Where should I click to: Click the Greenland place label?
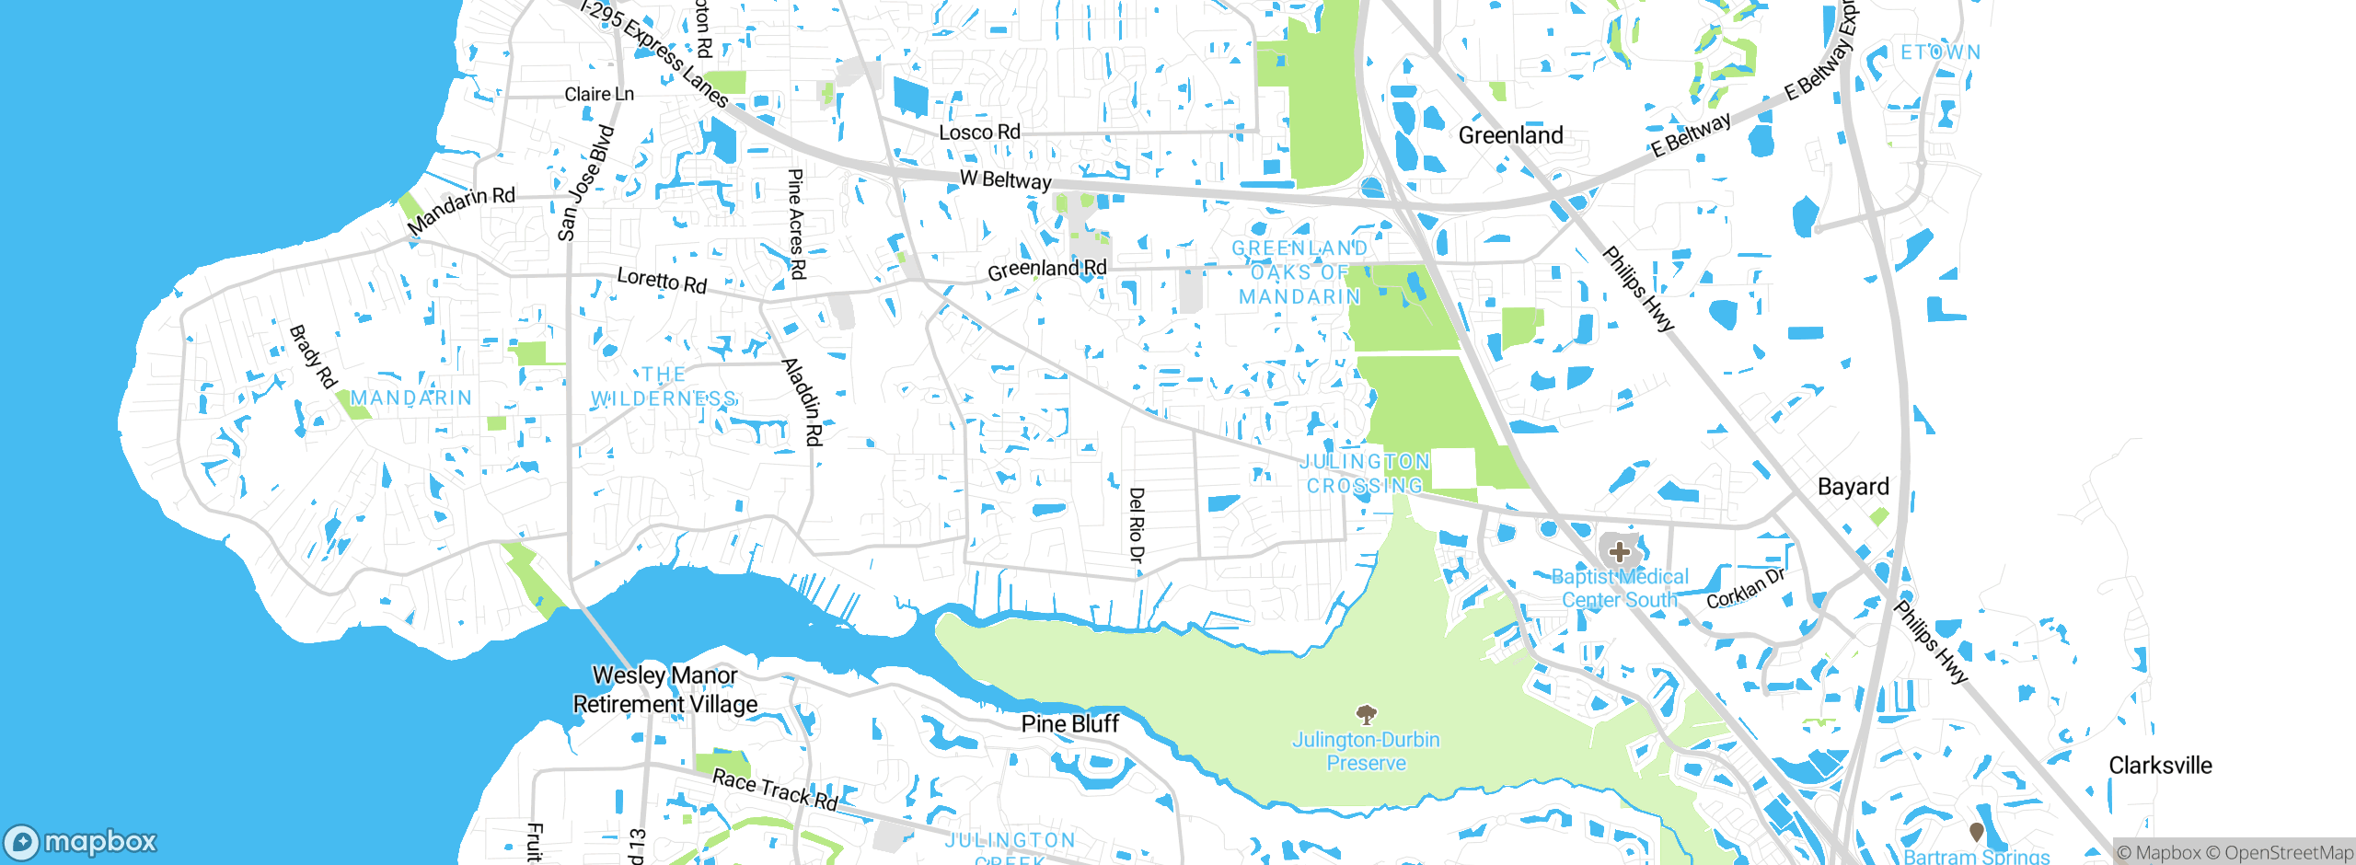tap(1510, 135)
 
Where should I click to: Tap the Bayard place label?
tap(1853, 487)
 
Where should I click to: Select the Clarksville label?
tap(2160, 766)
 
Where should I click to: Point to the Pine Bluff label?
tap(1070, 724)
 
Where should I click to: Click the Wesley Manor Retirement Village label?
tap(665, 689)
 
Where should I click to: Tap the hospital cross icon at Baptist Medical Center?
tap(1619, 552)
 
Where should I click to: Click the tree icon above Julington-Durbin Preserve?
tap(1367, 715)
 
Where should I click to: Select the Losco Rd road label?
tap(979, 133)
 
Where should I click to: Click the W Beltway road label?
tap(1005, 179)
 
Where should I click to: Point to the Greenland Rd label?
tap(1046, 269)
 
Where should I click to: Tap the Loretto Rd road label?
tap(662, 281)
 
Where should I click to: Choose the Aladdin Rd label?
tap(803, 401)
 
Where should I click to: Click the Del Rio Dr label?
tap(1137, 525)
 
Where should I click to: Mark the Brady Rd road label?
tap(313, 357)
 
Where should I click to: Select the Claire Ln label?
tap(599, 94)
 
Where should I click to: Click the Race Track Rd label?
tap(775, 790)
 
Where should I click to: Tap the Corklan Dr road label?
tap(1746, 589)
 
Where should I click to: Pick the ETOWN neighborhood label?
tap(1941, 52)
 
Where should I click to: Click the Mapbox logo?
tap(81, 841)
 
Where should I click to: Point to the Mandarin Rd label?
tap(461, 210)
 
